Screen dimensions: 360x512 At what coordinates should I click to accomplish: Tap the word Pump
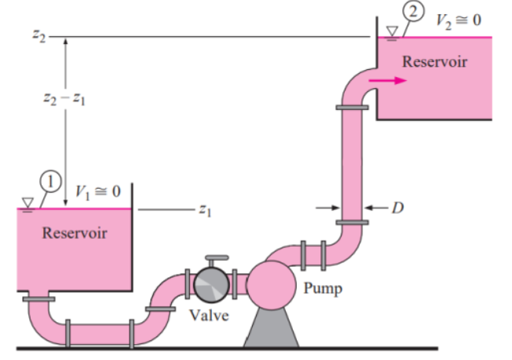click(324, 289)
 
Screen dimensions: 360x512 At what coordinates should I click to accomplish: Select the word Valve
click(209, 315)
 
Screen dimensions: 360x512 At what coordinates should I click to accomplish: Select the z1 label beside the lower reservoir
click(205, 210)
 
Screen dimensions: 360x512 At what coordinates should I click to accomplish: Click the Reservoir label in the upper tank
click(434, 61)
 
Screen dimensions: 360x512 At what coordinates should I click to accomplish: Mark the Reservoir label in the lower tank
click(75, 233)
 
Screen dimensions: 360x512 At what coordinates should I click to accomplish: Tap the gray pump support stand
click(272, 330)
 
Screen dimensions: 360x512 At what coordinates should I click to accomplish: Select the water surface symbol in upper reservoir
click(391, 32)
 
